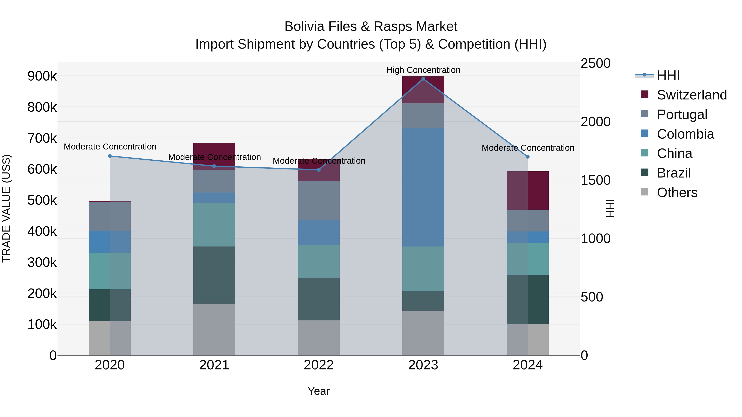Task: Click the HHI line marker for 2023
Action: [423, 79]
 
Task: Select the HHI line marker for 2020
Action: [110, 156]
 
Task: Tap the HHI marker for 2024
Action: [528, 157]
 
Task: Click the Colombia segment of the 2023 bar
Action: [423, 187]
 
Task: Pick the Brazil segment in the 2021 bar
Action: [214, 275]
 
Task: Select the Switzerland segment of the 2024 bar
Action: [528, 190]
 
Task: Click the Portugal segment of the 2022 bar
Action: [319, 200]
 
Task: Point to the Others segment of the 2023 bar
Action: [423, 333]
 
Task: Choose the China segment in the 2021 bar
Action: [214, 224]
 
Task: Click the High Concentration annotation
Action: [423, 70]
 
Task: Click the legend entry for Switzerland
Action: [692, 95]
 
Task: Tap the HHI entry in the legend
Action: [668, 75]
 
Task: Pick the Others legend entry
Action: [677, 193]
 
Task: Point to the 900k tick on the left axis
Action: [42, 76]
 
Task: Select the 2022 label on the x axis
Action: [319, 365]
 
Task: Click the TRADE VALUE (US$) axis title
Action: [6, 209]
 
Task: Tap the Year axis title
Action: [319, 391]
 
